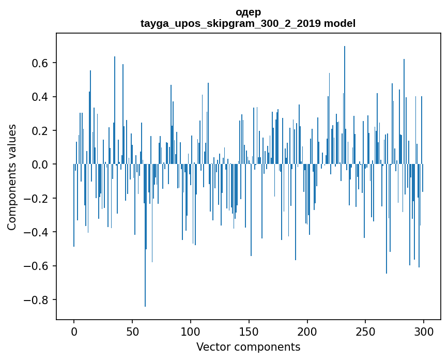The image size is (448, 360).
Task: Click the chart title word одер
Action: click(248, 12)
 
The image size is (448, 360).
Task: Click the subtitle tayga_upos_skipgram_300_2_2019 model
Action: click(248, 23)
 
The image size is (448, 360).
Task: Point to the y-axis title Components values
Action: click(12, 177)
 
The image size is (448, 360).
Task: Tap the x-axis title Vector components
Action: click(248, 347)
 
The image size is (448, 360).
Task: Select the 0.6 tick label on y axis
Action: click(39, 63)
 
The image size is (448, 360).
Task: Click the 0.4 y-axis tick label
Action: click(39, 97)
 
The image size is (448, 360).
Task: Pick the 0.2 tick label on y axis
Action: click(39, 131)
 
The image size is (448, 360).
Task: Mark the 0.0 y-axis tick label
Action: click(39, 164)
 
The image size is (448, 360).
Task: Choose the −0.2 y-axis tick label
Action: click(36, 199)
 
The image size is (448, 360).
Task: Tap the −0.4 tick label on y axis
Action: click(36, 232)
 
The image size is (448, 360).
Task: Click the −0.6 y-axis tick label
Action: click(36, 266)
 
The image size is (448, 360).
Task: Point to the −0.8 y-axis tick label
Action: click(36, 300)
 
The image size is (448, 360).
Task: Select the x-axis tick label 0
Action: click(74, 331)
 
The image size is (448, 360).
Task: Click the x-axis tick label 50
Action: click(132, 331)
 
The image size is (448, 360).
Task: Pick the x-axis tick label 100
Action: click(191, 331)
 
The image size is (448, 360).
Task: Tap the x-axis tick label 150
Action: click(249, 331)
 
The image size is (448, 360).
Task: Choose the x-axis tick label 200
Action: click(307, 331)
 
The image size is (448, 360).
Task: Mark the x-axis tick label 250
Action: click(365, 331)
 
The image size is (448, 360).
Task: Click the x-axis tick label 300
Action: click(424, 331)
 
